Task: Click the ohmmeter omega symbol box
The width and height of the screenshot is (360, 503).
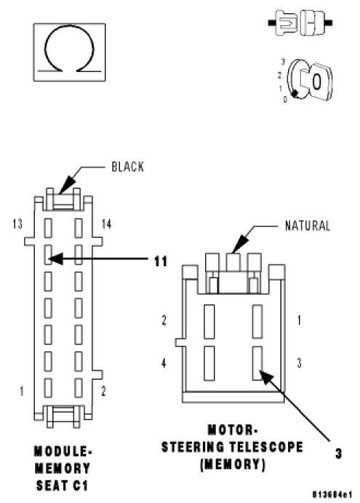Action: (69, 52)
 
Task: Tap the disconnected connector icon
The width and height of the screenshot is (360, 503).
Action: (300, 23)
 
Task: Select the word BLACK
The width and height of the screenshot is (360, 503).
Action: (127, 167)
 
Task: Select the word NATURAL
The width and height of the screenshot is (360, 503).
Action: (307, 226)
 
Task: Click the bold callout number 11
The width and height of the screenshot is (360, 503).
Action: (161, 261)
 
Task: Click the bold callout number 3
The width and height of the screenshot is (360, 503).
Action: (338, 454)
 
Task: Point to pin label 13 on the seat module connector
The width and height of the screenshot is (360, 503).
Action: (17, 224)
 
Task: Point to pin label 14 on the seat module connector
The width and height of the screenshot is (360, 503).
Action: (106, 224)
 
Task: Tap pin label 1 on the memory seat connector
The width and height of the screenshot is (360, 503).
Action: (22, 391)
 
